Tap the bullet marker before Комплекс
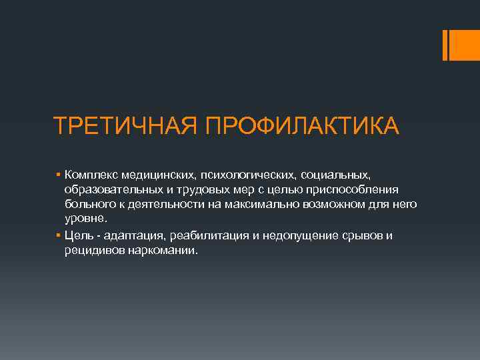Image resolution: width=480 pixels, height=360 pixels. point(59,174)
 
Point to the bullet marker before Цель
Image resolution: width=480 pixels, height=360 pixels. point(59,235)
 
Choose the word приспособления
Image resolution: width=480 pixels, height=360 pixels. point(357,190)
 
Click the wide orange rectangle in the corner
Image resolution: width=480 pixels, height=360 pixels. point(463,44)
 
